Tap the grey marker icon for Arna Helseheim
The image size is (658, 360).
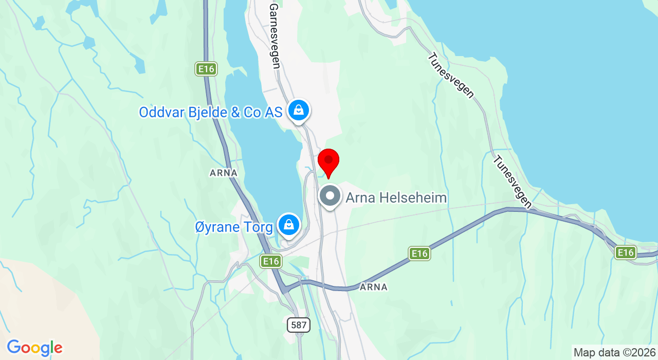[330, 196]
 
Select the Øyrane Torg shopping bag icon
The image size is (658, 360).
[289, 225]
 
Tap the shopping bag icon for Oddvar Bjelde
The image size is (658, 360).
[298, 110]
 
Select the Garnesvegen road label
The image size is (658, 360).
[275, 36]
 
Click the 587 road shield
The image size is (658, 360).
[298, 325]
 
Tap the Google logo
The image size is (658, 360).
[34, 348]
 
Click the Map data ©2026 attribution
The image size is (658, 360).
[615, 353]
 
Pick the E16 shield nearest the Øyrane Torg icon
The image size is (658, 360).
[270, 261]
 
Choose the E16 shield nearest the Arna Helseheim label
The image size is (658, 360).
[419, 253]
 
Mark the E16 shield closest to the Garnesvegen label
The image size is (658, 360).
[206, 69]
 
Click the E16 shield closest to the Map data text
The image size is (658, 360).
[626, 252]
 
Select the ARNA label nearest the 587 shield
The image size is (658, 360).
[374, 287]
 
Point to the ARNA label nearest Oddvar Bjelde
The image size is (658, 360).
[224, 173]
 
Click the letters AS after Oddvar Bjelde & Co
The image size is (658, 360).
[272, 112]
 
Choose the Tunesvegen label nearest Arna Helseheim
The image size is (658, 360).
[512, 182]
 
